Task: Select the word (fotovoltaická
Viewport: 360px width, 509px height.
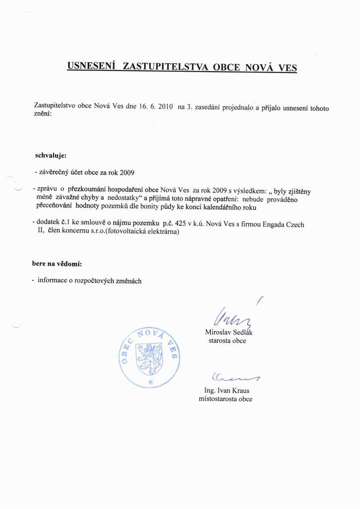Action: click(122, 232)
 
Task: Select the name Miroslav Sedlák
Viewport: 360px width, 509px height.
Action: click(228, 332)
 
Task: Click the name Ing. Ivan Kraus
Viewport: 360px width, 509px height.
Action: click(227, 391)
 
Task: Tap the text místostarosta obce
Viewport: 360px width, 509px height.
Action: click(225, 399)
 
